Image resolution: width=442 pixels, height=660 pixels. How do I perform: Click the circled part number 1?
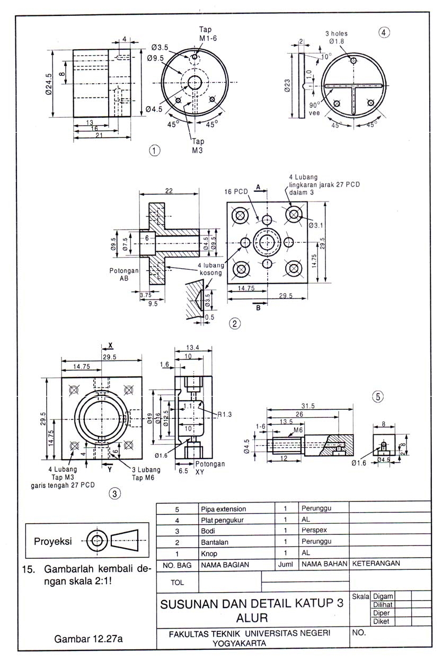click(x=154, y=150)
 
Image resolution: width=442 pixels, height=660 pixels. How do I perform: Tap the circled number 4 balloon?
click(x=384, y=32)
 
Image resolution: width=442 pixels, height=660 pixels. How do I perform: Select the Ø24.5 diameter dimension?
click(x=49, y=84)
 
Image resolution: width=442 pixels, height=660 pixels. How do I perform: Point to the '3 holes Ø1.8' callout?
click(x=337, y=37)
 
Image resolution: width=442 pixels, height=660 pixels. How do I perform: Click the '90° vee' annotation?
click(x=315, y=109)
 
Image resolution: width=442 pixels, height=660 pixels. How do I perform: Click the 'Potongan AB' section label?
click(x=124, y=274)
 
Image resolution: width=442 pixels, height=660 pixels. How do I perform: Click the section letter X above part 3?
click(x=110, y=345)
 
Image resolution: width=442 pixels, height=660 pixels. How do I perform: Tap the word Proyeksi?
click(x=53, y=541)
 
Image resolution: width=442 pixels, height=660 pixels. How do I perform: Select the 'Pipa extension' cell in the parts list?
click(x=223, y=508)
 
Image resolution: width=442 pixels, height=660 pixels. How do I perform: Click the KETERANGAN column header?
click(x=376, y=564)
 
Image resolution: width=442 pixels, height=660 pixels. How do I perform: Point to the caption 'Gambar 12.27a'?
click(x=89, y=639)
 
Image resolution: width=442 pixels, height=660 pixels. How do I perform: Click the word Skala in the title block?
click(x=360, y=596)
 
